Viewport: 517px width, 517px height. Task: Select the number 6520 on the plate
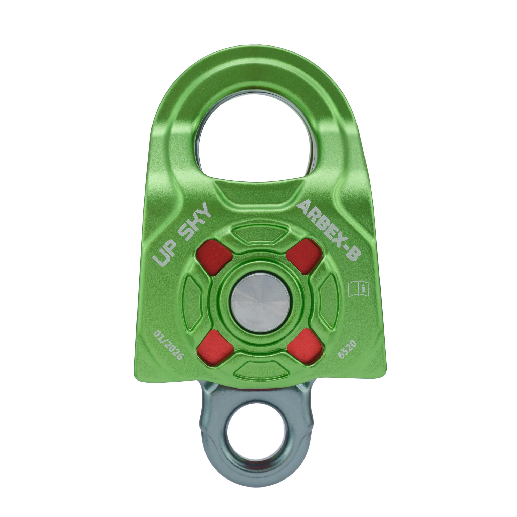(347, 349)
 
